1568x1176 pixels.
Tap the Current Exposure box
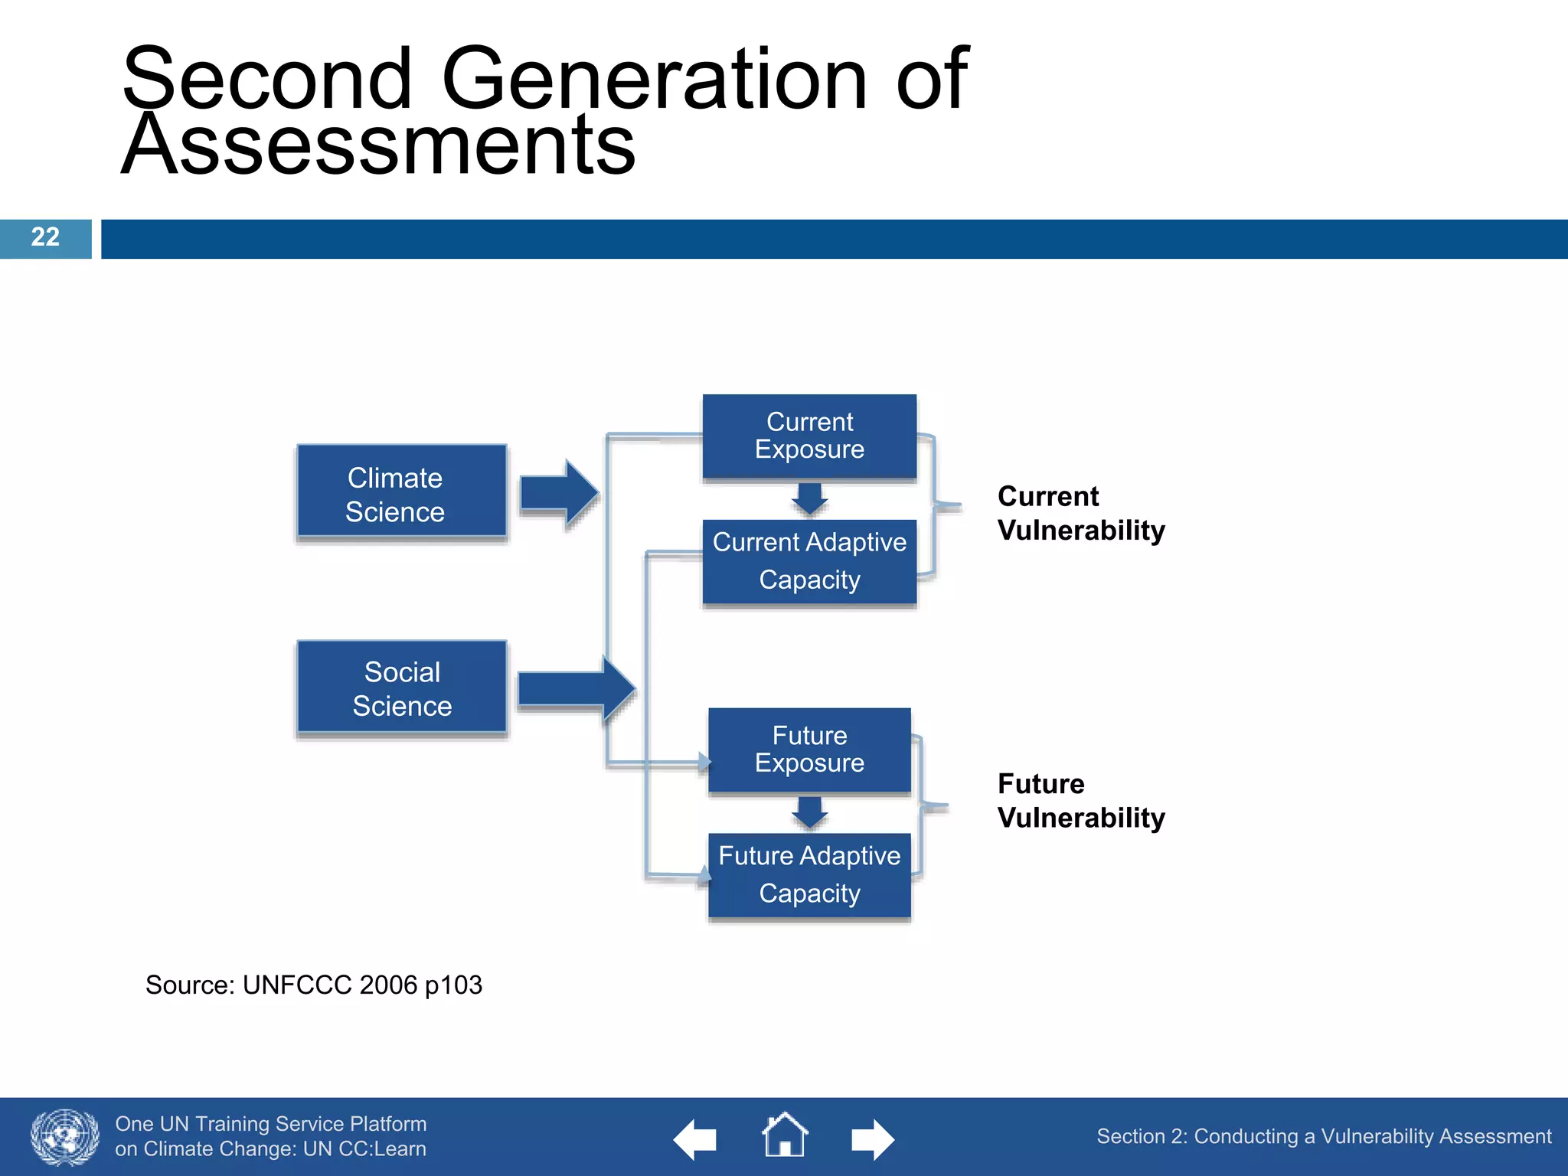coord(809,436)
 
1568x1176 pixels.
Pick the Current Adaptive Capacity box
coord(809,562)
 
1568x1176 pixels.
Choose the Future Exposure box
coord(809,750)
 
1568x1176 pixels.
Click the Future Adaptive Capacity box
coord(809,874)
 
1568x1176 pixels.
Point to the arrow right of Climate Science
coord(558,493)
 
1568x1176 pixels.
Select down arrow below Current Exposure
coord(809,498)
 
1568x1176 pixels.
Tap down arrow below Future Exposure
coord(809,812)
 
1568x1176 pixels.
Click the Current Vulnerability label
coord(1080,513)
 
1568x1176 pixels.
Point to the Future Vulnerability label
coord(1080,801)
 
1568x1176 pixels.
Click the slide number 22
coord(45,237)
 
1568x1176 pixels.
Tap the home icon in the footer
coord(784,1135)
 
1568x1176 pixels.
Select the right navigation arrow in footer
coord(873,1140)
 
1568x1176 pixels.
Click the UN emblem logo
coord(65,1137)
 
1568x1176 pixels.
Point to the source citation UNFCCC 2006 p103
coord(314,985)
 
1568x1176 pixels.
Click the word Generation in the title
coord(655,79)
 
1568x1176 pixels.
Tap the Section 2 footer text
coord(1323,1136)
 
